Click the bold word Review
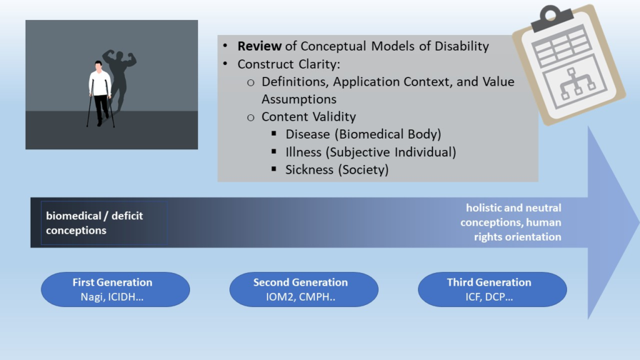click(258, 46)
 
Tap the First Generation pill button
click(115, 289)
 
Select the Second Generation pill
click(304, 289)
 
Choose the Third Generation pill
click(492, 289)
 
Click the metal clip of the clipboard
click(551, 18)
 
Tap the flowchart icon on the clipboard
click(577, 85)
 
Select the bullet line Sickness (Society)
click(336, 169)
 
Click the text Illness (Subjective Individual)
click(371, 152)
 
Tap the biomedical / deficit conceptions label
click(94, 223)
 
